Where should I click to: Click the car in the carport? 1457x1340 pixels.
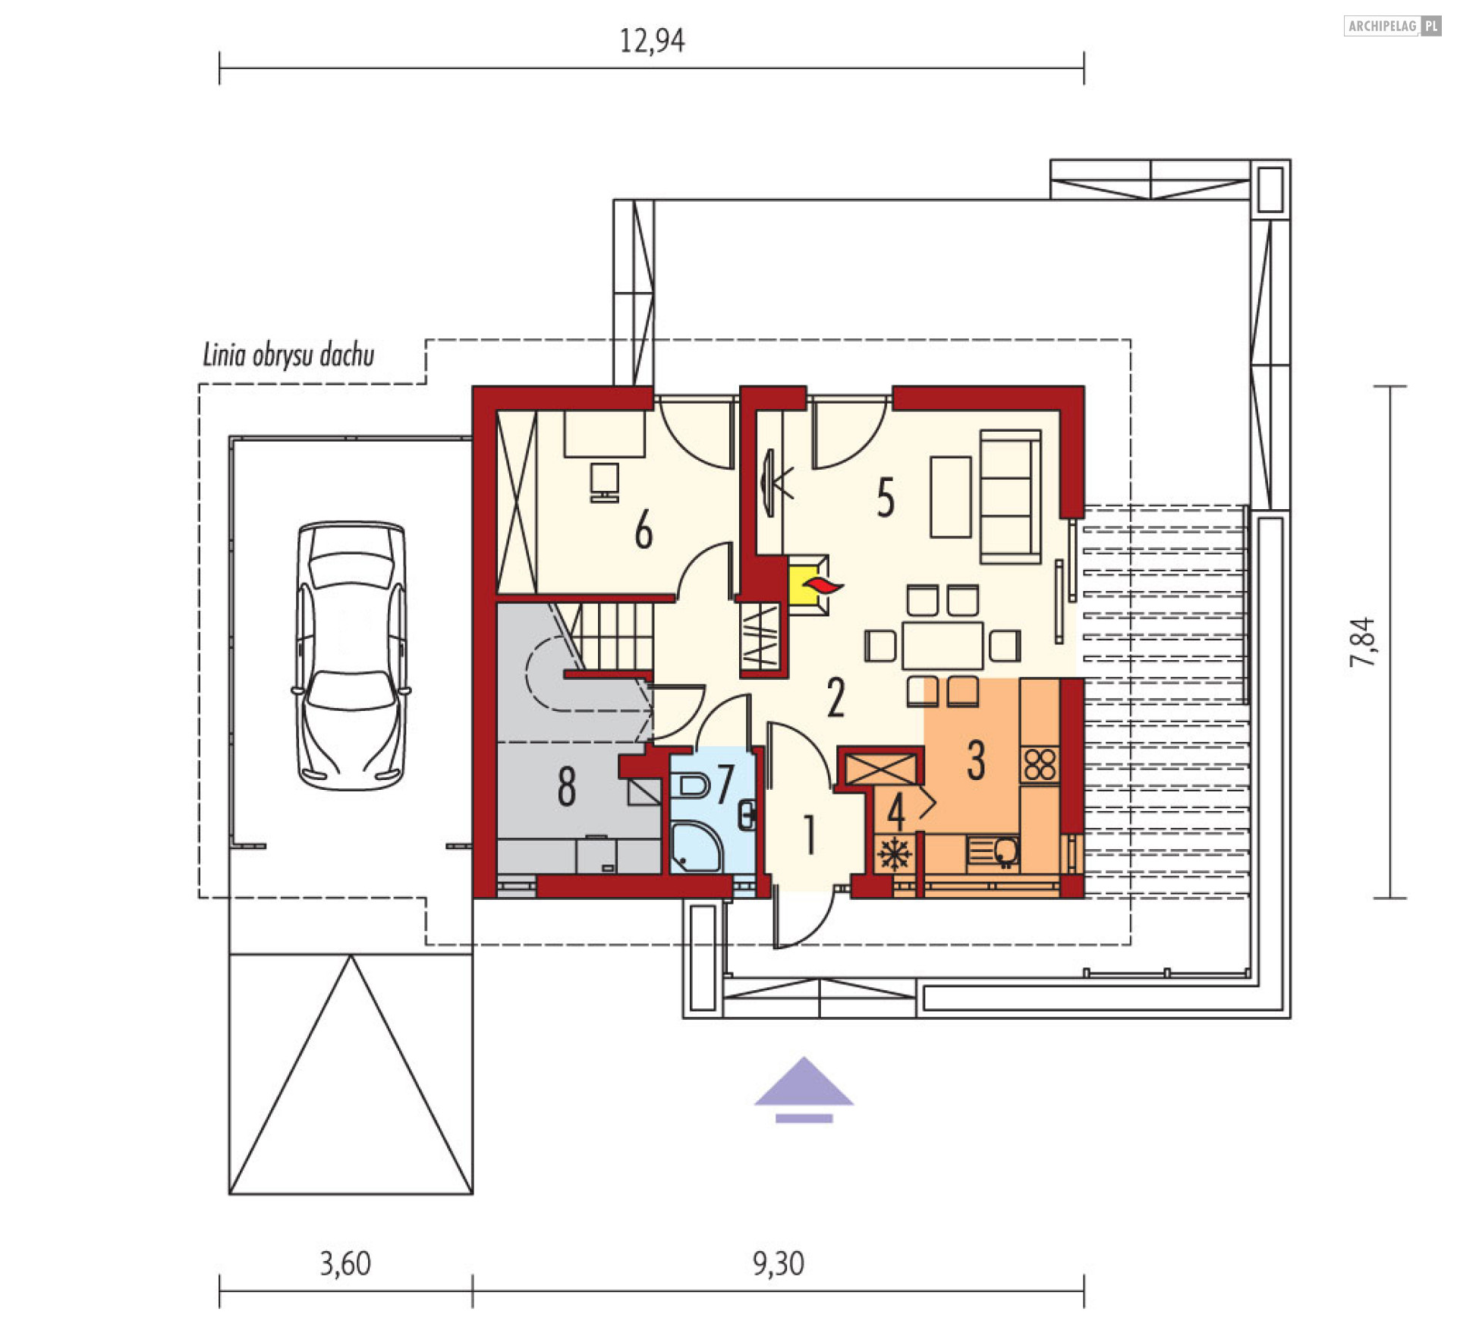pos(351,656)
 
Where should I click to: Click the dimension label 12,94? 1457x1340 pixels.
pos(652,41)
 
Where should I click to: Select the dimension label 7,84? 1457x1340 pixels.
pos(1362,643)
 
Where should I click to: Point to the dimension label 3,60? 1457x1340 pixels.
pos(345,1263)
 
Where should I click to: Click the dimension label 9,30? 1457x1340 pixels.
pos(779,1263)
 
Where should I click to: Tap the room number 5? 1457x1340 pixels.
pos(886,498)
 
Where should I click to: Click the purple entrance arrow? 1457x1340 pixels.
pos(804,1090)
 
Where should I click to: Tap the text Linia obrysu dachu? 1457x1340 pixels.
pos(288,356)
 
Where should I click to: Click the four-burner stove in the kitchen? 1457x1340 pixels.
pos(1040,765)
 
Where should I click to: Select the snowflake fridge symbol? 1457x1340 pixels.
pos(895,854)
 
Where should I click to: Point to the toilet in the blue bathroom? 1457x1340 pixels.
pos(693,785)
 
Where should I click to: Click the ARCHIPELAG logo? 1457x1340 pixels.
pos(1392,26)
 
